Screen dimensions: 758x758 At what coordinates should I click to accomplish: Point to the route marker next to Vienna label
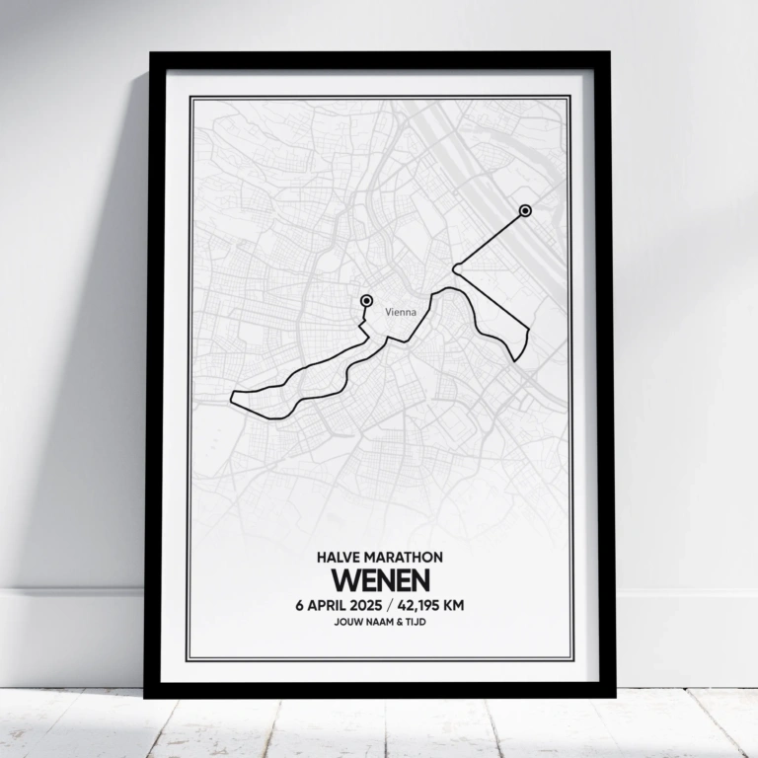click(366, 300)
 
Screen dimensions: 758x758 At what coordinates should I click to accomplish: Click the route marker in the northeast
click(524, 210)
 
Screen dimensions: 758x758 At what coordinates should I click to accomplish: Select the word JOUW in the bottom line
click(349, 623)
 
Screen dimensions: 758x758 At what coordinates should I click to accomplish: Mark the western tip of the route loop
click(231, 399)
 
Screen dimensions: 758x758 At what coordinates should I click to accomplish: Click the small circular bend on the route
click(456, 267)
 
